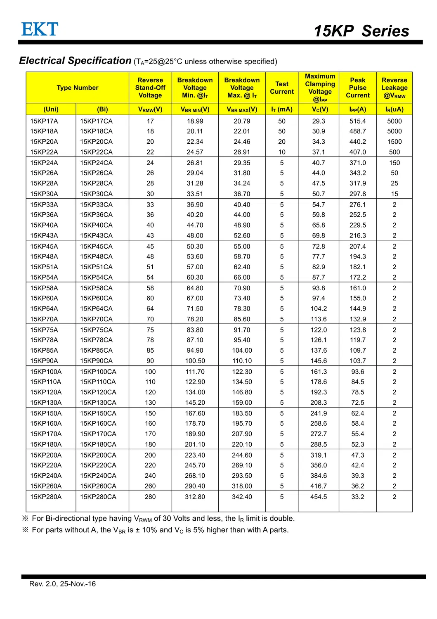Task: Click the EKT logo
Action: coord(40,29)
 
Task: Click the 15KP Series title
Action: coord(361,31)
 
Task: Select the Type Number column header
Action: coord(78,88)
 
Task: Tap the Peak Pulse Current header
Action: coord(357,88)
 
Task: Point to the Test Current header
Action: coord(282,88)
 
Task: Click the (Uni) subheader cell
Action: coord(51,109)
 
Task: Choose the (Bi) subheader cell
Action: coord(102,109)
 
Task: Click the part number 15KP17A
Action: coord(44,121)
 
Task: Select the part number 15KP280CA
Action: coord(98,497)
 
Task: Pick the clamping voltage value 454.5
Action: coord(319,497)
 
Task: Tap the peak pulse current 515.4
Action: coord(358,121)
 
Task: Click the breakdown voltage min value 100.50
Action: coord(195,361)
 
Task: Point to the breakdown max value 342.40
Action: coord(242,497)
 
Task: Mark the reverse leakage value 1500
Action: coord(394,142)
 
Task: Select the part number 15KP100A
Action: coord(46,372)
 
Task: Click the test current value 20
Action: coord(282,142)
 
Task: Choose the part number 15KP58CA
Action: coord(96,288)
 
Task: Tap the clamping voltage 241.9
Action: coord(319,413)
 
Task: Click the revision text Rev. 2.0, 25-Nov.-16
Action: coord(62,584)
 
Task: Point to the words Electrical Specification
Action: coord(75,61)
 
